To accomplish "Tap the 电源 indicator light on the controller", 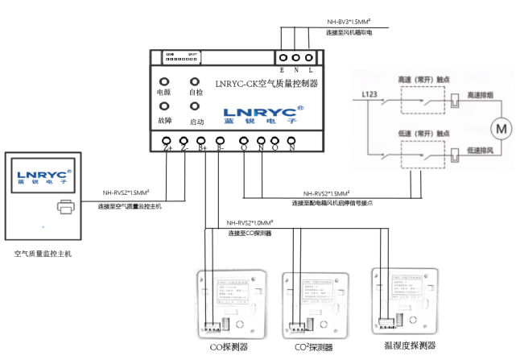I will (x=164, y=81).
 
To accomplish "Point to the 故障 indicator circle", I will (x=164, y=106).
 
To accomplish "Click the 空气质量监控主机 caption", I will (x=43, y=253).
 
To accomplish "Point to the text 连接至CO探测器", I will (x=250, y=234).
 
